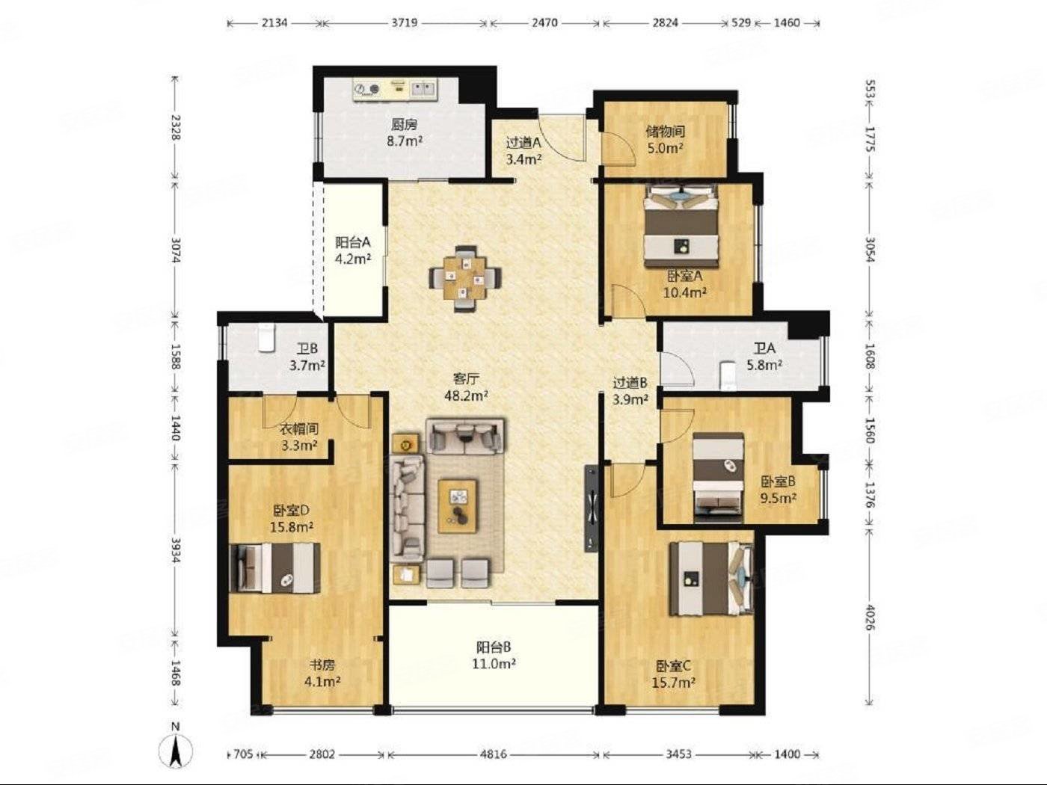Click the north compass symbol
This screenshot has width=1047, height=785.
[176, 752]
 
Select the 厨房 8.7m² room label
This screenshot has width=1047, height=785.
[405, 132]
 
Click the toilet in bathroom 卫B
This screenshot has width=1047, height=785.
[266, 338]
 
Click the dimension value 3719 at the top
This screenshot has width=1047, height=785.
[405, 22]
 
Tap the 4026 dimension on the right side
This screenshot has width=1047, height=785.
[871, 618]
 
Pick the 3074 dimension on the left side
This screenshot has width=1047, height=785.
[176, 250]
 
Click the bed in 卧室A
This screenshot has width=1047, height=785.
[681, 227]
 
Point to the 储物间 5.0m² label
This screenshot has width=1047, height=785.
[666, 139]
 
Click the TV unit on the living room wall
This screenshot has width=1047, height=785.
[592, 508]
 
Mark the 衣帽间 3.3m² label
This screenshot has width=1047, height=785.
[298, 437]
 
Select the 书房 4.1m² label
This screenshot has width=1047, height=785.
[322, 673]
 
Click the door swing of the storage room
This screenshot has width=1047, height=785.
[617, 149]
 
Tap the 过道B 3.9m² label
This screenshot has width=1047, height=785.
[630, 391]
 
